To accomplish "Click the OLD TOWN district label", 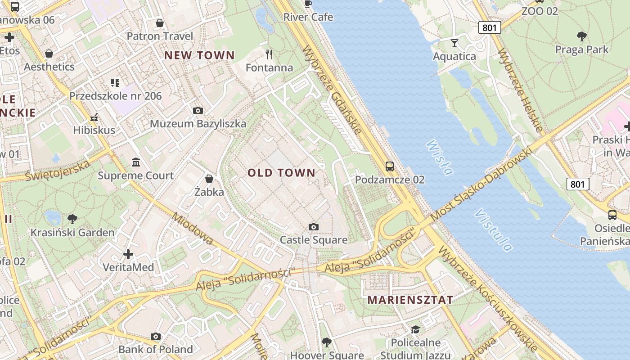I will pyautogui.click(x=281, y=173).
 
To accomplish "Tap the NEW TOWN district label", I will pyautogui.click(x=199, y=55).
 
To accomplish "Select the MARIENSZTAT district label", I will pyautogui.click(x=410, y=300).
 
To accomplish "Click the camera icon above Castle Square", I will pyautogui.click(x=314, y=227).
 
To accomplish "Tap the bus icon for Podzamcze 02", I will pyautogui.click(x=390, y=166).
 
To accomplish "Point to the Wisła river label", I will pyautogui.click(x=439, y=157).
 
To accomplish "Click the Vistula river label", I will pyautogui.click(x=494, y=229).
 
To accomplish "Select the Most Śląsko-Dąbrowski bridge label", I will pyautogui.click(x=481, y=185).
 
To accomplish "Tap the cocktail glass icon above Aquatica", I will pyautogui.click(x=454, y=43).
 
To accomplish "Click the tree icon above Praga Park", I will pyautogui.click(x=581, y=36).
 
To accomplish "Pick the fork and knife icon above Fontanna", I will pyautogui.click(x=269, y=54).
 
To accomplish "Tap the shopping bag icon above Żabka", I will pyautogui.click(x=209, y=179).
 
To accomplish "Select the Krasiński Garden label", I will pyautogui.click(x=72, y=233).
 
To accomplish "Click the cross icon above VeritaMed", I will pyautogui.click(x=128, y=254).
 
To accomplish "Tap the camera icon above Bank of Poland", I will pyautogui.click(x=156, y=336).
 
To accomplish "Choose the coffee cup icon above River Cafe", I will pyautogui.click(x=308, y=4).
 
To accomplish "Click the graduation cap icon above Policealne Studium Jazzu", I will pyautogui.click(x=415, y=329).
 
